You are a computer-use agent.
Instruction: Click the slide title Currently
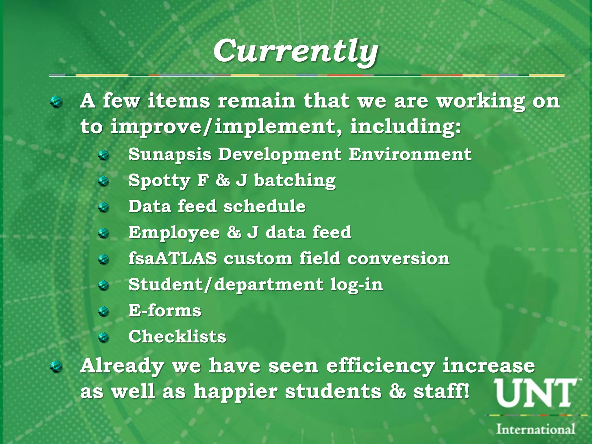tap(295, 51)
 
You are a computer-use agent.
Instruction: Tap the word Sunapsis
tap(170, 154)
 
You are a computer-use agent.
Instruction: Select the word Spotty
tap(159, 181)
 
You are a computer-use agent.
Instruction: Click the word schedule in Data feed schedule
tap(264, 206)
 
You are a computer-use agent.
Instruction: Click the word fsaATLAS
tap(173, 258)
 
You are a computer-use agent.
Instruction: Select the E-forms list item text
tap(165, 311)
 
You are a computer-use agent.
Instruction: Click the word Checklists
tap(177, 337)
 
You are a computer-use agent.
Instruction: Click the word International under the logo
tap(535, 429)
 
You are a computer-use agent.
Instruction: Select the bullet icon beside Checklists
tap(103, 337)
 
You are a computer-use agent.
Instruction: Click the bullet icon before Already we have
tap(56, 367)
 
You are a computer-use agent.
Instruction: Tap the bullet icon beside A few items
tap(56, 102)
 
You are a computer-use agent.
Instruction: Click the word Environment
tap(410, 154)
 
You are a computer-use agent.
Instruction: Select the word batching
tap(295, 181)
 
